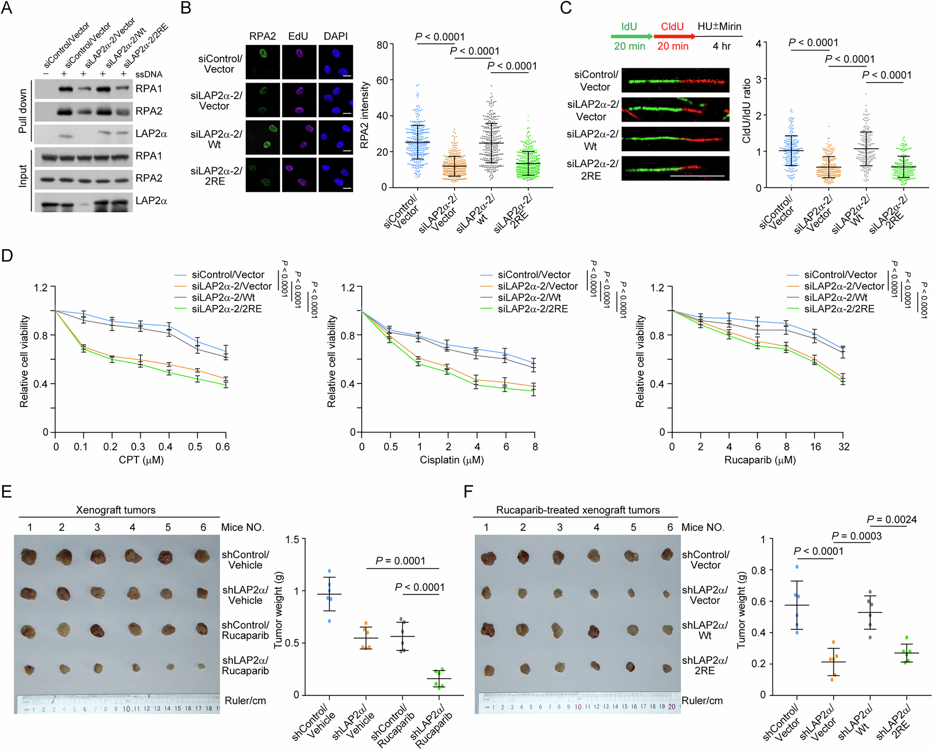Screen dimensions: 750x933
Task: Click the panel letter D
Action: click(x=7, y=256)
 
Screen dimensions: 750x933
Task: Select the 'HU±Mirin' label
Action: click(x=719, y=26)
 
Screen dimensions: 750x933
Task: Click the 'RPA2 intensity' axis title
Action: click(x=364, y=115)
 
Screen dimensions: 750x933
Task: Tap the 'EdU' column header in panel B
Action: click(x=298, y=36)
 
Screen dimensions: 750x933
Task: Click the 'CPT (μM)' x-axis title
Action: click(x=141, y=460)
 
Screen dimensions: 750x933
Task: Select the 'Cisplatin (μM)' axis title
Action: click(x=451, y=460)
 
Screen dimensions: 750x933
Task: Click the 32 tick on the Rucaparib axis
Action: click(x=844, y=447)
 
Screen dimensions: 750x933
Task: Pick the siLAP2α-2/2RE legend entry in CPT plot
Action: click(x=226, y=309)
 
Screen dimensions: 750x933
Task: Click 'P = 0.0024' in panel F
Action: click(x=891, y=520)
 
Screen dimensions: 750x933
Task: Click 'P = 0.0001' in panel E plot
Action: click(x=400, y=561)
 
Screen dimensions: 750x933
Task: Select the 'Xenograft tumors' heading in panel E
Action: click(x=116, y=510)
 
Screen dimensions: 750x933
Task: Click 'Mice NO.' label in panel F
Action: click(x=702, y=527)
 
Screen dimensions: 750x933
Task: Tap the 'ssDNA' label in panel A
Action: click(x=149, y=75)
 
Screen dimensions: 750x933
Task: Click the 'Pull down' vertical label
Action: click(x=22, y=111)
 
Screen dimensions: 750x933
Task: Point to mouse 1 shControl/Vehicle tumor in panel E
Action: click(x=29, y=556)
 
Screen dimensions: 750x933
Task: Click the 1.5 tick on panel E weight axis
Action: click(x=292, y=539)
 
